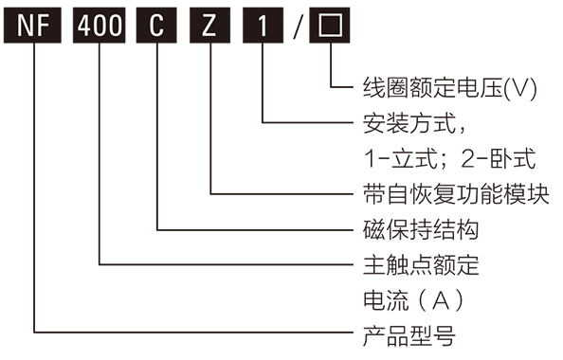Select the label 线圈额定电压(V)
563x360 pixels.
click(x=450, y=88)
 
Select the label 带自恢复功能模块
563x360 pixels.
click(x=456, y=193)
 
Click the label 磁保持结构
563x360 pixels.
click(x=420, y=229)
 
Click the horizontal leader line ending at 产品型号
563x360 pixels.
click(x=190, y=333)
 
